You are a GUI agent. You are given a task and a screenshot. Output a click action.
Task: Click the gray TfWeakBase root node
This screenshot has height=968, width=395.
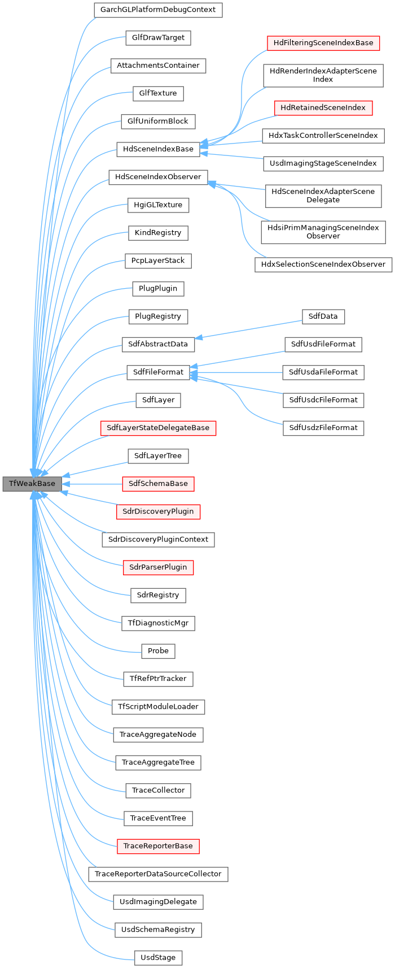(32, 484)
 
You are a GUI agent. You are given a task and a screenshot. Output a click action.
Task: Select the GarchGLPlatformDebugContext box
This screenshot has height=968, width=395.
(158, 10)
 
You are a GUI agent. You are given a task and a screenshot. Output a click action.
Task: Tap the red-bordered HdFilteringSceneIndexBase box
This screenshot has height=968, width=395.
(323, 43)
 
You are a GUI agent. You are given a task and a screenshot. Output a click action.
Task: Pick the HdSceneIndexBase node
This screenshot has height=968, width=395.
(158, 149)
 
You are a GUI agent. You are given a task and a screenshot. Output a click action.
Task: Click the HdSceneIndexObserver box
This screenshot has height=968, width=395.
(158, 177)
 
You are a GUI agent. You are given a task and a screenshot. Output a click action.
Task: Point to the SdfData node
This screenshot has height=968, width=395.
(323, 316)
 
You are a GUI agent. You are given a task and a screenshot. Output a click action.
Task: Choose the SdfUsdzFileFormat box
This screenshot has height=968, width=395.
(323, 428)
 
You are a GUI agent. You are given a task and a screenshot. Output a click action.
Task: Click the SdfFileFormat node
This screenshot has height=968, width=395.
(158, 372)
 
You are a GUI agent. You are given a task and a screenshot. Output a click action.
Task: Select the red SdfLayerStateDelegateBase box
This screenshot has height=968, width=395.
(158, 428)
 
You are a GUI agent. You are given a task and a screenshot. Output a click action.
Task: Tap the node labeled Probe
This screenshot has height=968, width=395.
(158, 651)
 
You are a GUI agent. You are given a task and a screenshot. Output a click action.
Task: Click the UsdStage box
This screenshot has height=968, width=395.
(158, 958)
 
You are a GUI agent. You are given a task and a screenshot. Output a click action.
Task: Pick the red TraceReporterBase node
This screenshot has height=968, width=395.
(158, 846)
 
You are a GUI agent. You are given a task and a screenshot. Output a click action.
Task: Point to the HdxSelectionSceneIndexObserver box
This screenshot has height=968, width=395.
(323, 264)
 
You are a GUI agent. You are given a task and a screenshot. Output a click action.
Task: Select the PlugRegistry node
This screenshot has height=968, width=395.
(158, 316)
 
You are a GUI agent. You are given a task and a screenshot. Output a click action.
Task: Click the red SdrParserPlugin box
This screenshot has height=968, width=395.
(158, 567)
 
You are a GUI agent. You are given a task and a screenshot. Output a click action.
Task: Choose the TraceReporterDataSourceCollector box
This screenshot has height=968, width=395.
(158, 874)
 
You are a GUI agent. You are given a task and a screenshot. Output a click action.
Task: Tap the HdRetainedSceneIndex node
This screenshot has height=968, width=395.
(323, 108)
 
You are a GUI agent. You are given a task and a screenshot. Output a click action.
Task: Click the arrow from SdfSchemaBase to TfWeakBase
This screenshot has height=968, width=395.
(93, 484)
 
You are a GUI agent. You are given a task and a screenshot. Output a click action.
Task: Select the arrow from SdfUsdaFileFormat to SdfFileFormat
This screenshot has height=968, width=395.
(237, 372)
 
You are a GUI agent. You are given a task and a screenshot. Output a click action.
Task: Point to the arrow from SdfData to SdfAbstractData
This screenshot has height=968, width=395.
(248, 329)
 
